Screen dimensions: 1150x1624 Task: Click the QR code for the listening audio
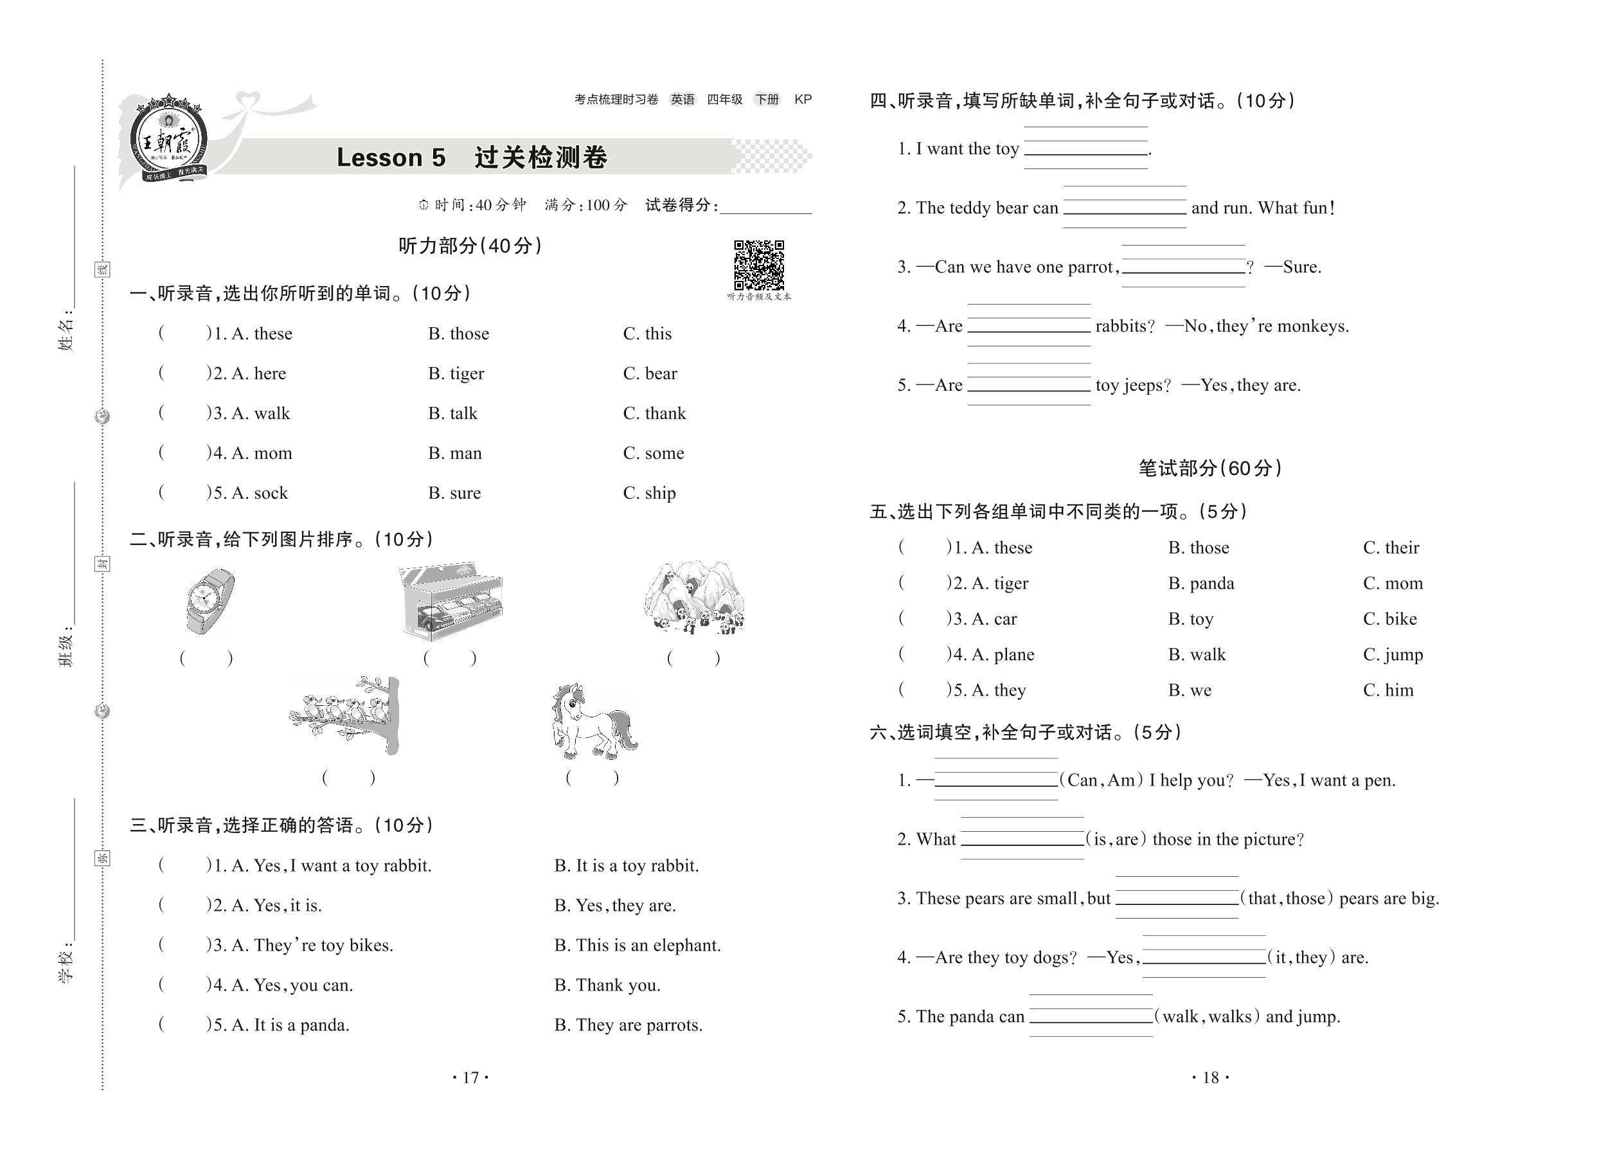[758, 265]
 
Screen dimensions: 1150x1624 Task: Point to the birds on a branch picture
[346, 715]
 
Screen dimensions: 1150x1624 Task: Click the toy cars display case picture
[451, 600]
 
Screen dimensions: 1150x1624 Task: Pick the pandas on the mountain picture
[695, 599]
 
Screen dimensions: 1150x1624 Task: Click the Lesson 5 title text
[391, 157]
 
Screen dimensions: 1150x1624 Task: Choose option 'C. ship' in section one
[649, 493]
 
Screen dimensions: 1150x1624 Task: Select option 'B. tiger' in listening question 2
[456, 373]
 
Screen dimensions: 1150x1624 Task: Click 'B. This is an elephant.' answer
[637, 946]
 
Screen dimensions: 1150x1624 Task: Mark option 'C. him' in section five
[1388, 690]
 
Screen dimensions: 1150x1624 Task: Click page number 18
[1211, 1078]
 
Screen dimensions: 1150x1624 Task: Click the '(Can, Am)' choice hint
[1101, 780]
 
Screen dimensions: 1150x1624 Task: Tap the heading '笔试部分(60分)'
[1210, 468]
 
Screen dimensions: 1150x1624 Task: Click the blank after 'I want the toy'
[1085, 148]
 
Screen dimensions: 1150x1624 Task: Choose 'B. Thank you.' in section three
[607, 985]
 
